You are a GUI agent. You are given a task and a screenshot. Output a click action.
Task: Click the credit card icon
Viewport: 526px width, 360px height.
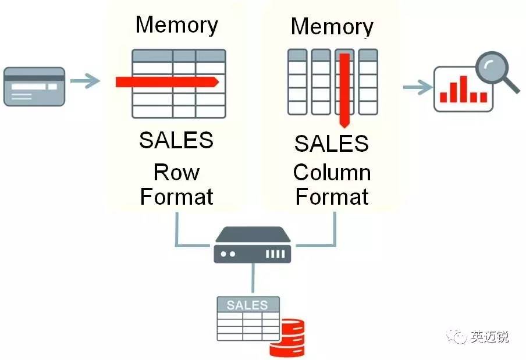tap(34, 86)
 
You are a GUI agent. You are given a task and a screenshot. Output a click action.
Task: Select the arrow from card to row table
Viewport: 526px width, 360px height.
tap(85, 81)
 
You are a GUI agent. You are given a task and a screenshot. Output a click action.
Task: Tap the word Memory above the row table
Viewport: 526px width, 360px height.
tap(176, 24)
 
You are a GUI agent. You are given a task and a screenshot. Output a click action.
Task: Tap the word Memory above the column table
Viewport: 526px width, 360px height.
tap(332, 26)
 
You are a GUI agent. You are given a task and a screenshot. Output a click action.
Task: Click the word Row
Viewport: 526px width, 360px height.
tap(176, 172)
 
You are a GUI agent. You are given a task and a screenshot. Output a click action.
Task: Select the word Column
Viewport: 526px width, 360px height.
tap(332, 172)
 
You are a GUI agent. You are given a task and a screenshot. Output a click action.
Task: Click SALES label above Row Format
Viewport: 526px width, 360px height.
tap(176, 140)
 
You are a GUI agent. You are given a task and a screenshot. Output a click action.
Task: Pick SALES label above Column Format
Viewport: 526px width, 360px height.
tap(332, 143)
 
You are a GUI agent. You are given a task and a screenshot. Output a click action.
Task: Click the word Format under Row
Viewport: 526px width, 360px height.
tap(176, 197)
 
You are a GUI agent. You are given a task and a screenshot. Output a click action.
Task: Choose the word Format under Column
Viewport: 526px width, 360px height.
tap(332, 197)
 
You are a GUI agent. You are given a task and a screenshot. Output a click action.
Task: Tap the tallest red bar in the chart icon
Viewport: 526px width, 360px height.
tap(463, 88)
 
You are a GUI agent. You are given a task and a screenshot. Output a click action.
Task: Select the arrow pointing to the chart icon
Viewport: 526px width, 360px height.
tap(417, 87)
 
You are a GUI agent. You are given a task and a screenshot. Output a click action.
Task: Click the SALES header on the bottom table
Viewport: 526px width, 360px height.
tap(247, 305)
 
